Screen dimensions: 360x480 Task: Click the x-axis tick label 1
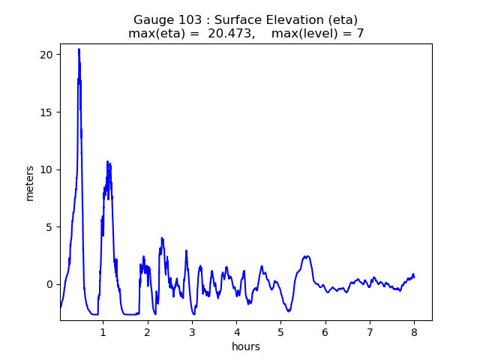[103, 331]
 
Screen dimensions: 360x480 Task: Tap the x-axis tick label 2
[148, 331]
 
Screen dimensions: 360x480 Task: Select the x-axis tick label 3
[192, 331]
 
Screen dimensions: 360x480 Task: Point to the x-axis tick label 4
[236, 331]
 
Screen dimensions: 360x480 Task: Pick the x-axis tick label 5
[280, 331]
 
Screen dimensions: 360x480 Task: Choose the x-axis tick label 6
[325, 331]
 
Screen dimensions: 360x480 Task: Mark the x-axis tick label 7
[369, 331]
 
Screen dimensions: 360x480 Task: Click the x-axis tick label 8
[414, 331]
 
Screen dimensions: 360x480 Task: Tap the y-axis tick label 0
[49, 284]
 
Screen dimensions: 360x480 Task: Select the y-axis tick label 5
[49, 227]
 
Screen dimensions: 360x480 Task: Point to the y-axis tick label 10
[46, 169]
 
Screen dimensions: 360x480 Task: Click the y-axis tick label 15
[46, 112]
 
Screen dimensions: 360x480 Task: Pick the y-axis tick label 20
[46, 55]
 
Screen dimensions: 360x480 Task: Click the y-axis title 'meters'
[30, 182]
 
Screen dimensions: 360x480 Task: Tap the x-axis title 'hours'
[246, 346]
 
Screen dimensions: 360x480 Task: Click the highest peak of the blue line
[79, 49]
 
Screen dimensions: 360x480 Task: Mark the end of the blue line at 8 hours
[414, 277]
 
